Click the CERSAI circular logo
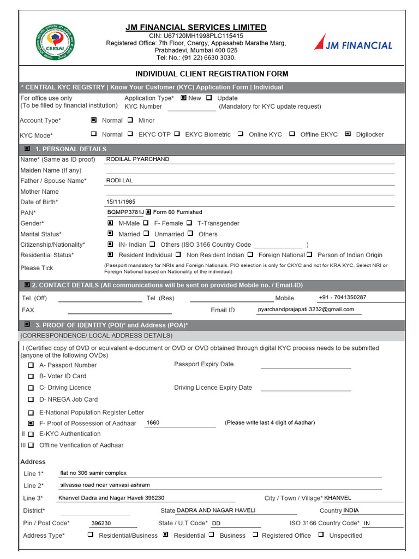pos(55,43)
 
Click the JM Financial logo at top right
pos(353,43)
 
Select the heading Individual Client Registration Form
pos(212,74)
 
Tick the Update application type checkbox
pos(209,98)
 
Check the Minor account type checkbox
pos(130,120)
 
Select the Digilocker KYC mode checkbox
pos(348,134)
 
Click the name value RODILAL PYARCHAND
pos(137,159)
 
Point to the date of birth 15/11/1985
pos(121,202)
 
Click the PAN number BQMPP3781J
pos(125,212)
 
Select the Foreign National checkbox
pos(250,255)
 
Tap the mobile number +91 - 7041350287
pos(343,298)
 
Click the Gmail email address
pos(306,310)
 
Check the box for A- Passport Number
pos(31,365)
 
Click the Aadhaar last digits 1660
pos(153,423)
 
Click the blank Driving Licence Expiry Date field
pos(306,388)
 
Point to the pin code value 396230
pos(101,523)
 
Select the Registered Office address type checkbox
pos(255,536)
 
